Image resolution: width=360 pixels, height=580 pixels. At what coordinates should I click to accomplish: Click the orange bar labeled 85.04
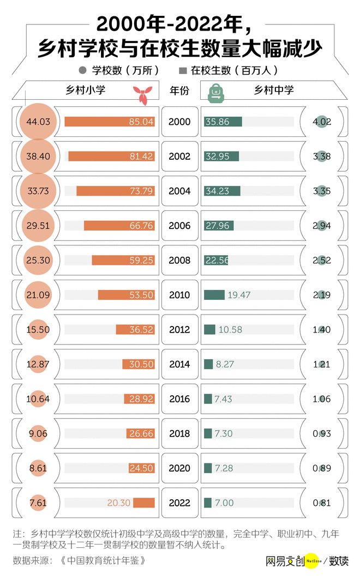[x=109, y=122]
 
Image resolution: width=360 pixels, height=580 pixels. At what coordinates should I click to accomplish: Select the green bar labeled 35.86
[x=223, y=122]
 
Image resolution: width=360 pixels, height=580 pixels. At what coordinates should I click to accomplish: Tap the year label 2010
[x=179, y=295]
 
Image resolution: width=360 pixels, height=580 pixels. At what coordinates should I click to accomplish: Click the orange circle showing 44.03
[x=38, y=122]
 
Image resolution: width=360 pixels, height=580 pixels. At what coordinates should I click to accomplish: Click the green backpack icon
[x=217, y=93]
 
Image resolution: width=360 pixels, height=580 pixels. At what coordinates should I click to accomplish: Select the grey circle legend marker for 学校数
[x=83, y=70]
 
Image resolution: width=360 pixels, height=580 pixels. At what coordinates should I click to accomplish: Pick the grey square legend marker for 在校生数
[x=183, y=70]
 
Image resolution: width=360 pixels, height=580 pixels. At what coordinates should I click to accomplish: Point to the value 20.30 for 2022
[x=118, y=503]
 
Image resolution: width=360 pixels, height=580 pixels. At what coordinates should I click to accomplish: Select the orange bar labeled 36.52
[x=135, y=330]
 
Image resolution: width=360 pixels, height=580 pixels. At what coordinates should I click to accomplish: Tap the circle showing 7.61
[x=38, y=503]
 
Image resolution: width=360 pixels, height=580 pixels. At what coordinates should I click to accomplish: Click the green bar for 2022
[x=208, y=503]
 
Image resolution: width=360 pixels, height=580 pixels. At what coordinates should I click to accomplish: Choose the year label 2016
[x=179, y=399]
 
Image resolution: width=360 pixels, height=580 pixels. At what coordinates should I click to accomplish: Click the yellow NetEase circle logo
[x=311, y=560]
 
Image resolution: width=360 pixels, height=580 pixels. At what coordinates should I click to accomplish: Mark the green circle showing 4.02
[x=322, y=122]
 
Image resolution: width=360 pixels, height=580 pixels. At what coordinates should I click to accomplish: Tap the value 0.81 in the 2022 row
[x=322, y=503]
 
